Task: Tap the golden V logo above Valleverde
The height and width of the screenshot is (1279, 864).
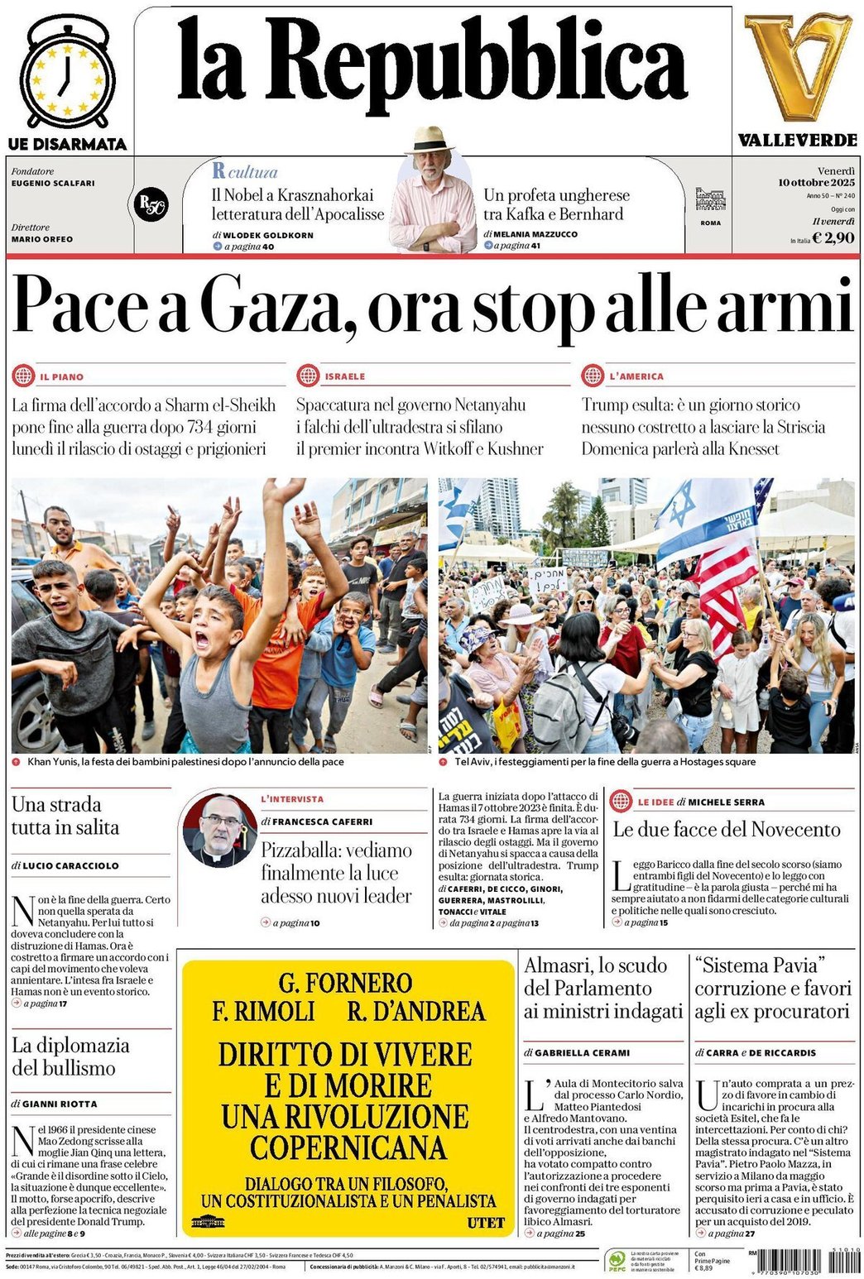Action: point(797,66)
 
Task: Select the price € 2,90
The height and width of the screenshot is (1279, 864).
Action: point(833,238)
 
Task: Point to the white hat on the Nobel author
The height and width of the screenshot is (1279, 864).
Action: point(429,138)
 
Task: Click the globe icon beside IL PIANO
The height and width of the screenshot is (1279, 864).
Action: point(23,376)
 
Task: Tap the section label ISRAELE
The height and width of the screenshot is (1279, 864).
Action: point(344,376)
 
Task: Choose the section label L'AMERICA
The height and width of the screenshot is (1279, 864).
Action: point(636,376)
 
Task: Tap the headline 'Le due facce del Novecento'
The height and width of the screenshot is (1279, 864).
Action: point(726,829)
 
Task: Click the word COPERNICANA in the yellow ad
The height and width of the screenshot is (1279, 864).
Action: point(348,1147)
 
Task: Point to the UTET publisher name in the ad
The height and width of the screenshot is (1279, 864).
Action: point(485,1222)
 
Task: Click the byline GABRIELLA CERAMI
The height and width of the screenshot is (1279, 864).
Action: point(582,1052)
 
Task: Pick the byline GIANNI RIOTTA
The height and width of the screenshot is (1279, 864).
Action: point(60,1104)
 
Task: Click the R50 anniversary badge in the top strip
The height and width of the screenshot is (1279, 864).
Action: point(151,204)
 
